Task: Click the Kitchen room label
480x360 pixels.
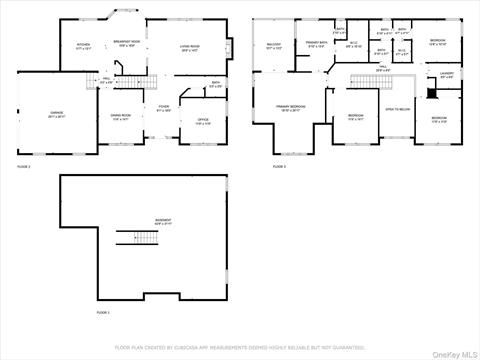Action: pos(84,46)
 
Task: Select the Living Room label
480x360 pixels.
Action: pos(190,47)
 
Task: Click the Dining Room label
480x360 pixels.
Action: pos(122,118)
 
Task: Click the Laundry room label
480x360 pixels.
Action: pos(447,74)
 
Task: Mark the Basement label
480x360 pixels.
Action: pos(162,221)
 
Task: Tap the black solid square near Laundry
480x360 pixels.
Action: pos(431,93)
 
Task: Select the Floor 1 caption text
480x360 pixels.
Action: pos(102,313)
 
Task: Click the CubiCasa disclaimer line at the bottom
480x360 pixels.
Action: pos(240,348)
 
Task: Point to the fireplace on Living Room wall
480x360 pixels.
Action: pos(229,47)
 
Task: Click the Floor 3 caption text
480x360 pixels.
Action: pos(279,166)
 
